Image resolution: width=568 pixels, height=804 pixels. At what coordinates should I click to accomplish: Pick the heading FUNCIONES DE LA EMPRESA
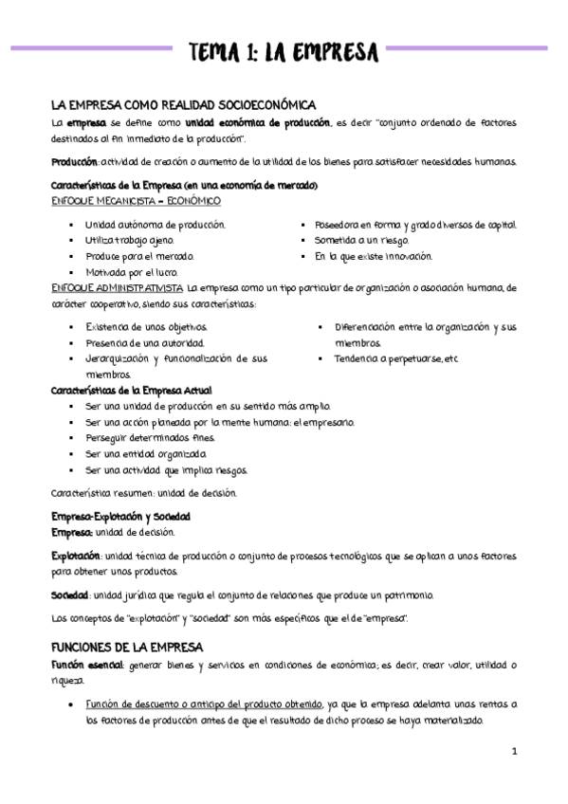pyautogui.click(x=128, y=646)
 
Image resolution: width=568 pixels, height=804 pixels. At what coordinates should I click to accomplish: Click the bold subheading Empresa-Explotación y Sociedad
pyautogui.click(x=120, y=517)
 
